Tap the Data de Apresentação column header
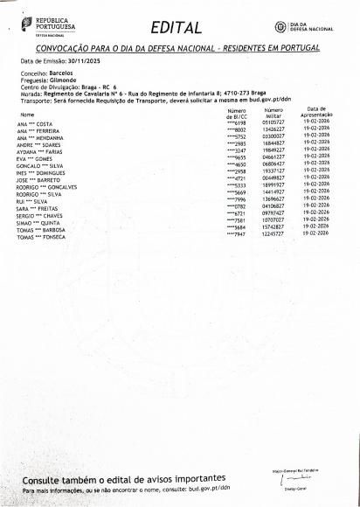(x=315, y=115)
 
